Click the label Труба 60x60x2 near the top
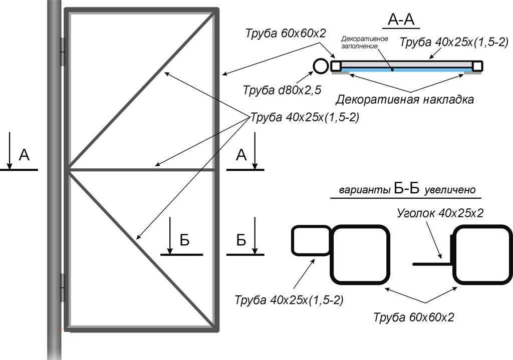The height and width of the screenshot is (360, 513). click(x=286, y=34)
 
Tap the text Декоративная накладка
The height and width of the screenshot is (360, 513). click(x=404, y=99)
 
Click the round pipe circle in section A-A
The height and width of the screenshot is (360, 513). click(x=320, y=66)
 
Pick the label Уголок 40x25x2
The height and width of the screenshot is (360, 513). click(x=440, y=213)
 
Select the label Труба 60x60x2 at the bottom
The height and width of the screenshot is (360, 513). click(x=415, y=316)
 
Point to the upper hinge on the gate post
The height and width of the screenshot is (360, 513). click(x=63, y=52)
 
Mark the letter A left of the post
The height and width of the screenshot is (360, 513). click(x=24, y=156)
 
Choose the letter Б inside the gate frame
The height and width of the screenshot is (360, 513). click(x=184, y=241)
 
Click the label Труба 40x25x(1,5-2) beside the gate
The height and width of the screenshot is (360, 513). click(x=304, y=118)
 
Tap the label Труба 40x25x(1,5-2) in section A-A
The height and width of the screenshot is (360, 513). click(x=454, y=43)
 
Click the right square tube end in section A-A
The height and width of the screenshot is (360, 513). click(x=477, y=66)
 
